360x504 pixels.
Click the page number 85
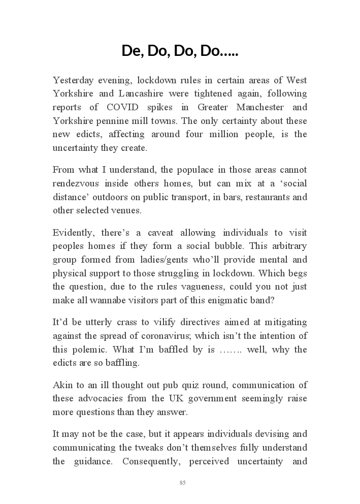click(x=182, y=483)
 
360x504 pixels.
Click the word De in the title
click(x=131, y=51)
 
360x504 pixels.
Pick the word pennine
click(x=111, y=121)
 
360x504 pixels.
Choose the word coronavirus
click(x=188, y=336)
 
